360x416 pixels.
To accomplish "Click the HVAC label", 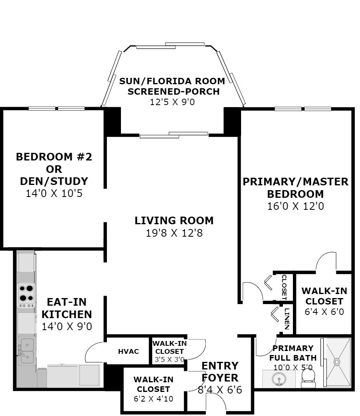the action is [x=128, y=351].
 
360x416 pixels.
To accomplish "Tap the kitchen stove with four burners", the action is [x=26, y=295].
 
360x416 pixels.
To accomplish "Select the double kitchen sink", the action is [x=26, y=351].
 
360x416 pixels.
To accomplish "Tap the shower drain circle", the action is [x=337, y=361].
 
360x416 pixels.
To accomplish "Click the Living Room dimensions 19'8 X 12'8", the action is [x=174, y=233].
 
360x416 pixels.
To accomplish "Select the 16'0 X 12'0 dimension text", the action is [x=295, y=206].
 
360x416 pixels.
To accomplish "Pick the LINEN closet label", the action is [x=287, y=319].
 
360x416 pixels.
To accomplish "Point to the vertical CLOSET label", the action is [x=284, y=287].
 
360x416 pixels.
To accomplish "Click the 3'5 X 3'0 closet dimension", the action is [x=170, y=360].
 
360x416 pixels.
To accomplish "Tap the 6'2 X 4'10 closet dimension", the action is [x=153, y=399].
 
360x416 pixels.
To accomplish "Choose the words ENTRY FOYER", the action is [x=220, y=372].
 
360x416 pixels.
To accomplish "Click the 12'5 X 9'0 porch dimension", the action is [x=172, y=102].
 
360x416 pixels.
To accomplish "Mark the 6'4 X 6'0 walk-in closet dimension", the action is [x=324, y=311].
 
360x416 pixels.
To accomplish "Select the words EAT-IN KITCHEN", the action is [x=67, y=308].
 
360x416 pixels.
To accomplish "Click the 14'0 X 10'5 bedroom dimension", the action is [x=54, y=193].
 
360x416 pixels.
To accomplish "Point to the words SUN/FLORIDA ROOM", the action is [x=172, y=81].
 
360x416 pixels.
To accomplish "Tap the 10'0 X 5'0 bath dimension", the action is [x=293, y=367].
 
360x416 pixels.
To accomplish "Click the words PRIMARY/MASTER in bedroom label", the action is [x=295, y=182].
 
